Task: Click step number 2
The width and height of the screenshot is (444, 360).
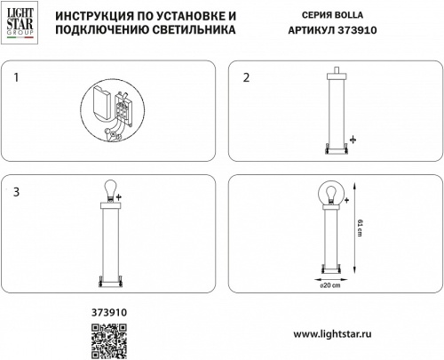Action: pyautogui.click(x=247, y=77)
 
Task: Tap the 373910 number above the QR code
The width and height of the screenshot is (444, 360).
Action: pyautogui.click(x=110, y=312)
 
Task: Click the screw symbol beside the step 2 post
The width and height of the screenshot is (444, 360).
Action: pyautogui.click(x=352, y=140)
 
